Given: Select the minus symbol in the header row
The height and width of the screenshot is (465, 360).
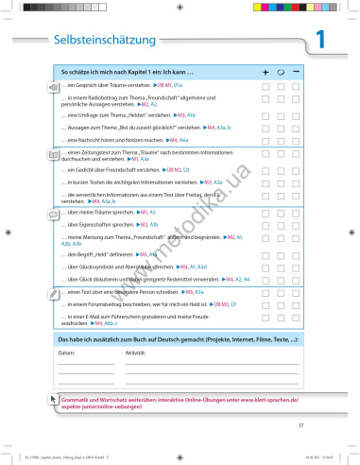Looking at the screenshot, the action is click(297, 72).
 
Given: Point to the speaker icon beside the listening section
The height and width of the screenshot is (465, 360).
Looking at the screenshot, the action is click(53, 85).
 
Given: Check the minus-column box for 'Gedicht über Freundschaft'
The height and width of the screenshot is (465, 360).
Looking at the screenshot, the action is click(297, 168).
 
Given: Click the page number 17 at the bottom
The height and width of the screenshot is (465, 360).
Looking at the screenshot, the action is click(300, 426).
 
